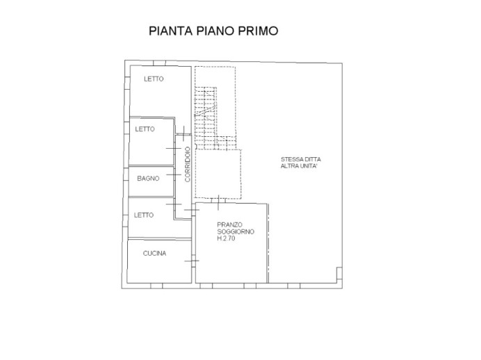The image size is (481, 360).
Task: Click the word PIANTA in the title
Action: [x=170, y=31]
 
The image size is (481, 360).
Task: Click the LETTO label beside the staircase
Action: [x=154, y=79]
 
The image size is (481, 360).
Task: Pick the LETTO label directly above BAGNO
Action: [x=145, y=129]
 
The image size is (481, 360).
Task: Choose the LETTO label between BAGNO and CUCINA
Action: [x=144, y=215]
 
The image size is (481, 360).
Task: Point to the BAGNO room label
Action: [x=148, y=179]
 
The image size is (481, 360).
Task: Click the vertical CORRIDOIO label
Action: [x=188, y=164]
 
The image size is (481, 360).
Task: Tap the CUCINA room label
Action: [x=154, y=253]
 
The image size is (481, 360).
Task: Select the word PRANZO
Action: [x=230, y=224]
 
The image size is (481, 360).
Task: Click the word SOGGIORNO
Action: [x=236, y=231]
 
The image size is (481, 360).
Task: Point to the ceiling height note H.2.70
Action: [x=226, y=238]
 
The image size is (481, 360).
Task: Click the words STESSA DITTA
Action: [x=301, y=159]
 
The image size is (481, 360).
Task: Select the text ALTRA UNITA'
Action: [x=299, y=166]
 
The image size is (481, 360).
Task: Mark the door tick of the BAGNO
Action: [x=174, y=174]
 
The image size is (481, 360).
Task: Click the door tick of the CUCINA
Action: [x=192, y=261]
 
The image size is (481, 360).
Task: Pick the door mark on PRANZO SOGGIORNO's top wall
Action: [x=218, y=202]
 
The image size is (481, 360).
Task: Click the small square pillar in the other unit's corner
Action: [x=339, y=273]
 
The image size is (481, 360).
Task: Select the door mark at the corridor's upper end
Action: [x=184, y=133]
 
